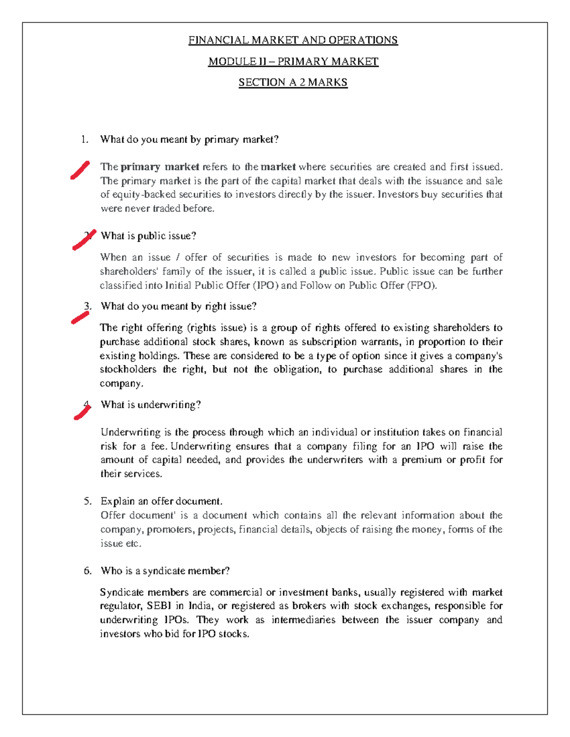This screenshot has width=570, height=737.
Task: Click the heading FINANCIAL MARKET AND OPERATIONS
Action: (293, 40)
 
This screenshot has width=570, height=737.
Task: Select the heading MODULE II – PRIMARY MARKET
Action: (293, 62)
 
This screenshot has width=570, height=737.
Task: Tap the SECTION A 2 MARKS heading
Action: (293, 83)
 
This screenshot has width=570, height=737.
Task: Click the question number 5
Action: (87, 501)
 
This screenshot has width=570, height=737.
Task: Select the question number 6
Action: (87, 571)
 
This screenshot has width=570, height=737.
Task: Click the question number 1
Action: (85, 140)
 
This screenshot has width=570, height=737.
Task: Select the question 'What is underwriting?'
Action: (151, 405)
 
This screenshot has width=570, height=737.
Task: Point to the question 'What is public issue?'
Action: (148, 236)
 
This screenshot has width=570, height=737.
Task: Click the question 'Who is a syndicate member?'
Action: (165, 571)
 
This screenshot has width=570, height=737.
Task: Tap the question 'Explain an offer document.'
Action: (161, 501)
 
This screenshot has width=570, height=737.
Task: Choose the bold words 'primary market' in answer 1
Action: (160, 167)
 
